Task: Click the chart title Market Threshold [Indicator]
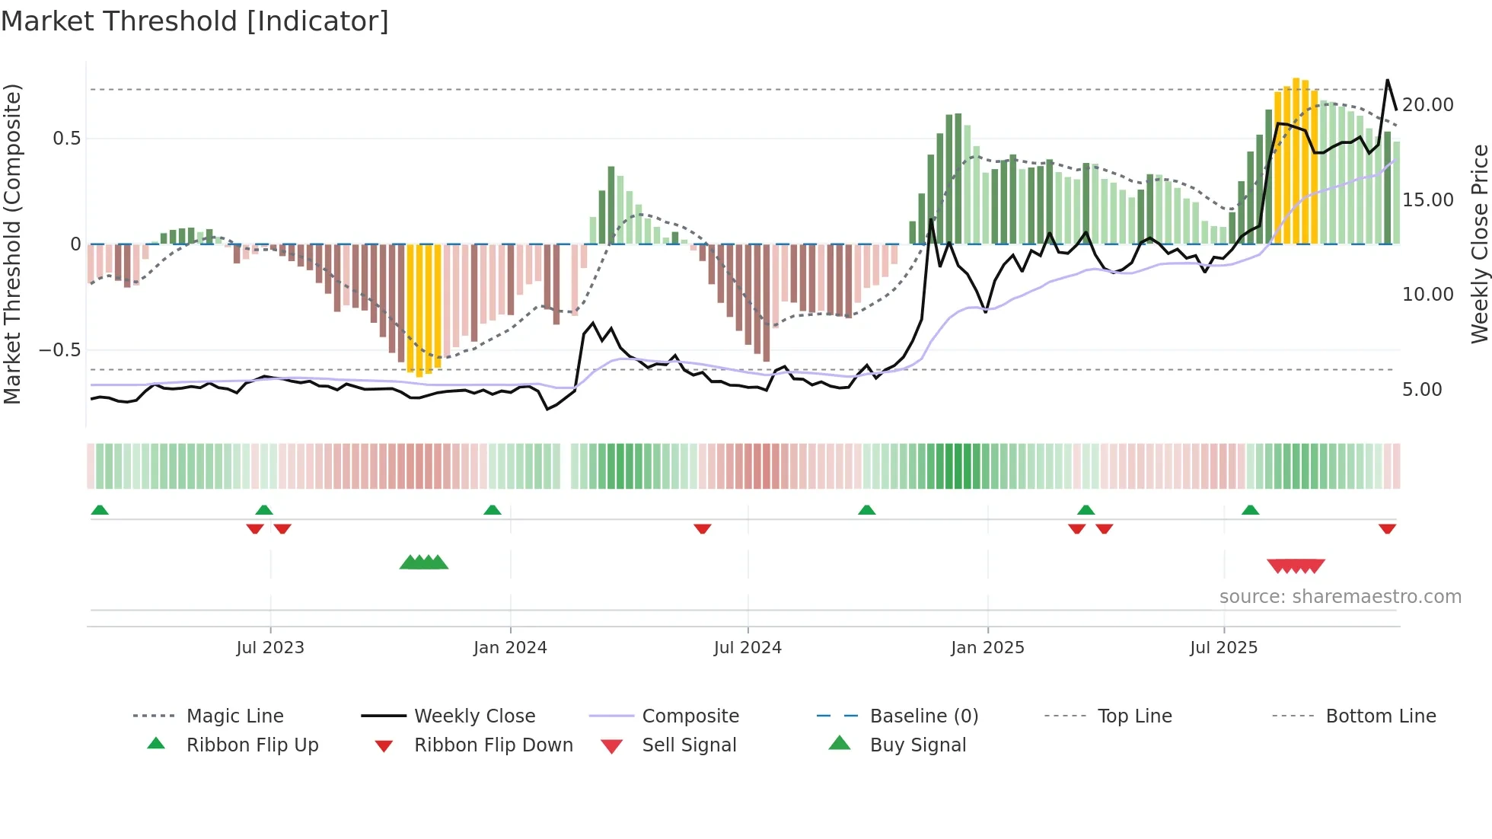click(195, 21)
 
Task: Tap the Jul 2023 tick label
click(270, 648)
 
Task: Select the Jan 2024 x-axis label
click(510, 648)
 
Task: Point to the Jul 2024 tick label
click(748, 648)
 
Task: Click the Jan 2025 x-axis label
click(987, 648)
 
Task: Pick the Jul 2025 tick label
click(1223, 648)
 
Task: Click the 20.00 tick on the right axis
click(1427, 105)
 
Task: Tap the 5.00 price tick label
click(1422, 390)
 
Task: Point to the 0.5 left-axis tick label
click(66, 139)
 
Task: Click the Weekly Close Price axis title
click(1479, 244)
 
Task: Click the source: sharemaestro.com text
click(1340, 597)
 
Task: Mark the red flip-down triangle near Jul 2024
click(702, 528)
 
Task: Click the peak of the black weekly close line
click(1387, 80)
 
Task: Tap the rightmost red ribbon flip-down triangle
click(1387, 528)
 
